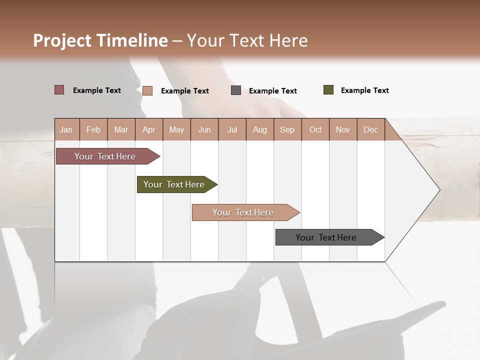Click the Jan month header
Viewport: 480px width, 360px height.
pyautogui.click(x=66, y=129)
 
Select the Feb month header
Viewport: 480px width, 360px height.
pyautogui.click(x=93, y=129)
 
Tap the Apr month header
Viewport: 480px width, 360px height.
pyautogui.click(x=149, y=129)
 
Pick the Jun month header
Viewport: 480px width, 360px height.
pyautogui.click(x=204, y=129)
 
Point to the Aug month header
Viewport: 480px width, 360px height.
pyautogui.click(x=260, y=129)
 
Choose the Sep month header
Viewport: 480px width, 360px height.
pyautogui.click(x=287, y=129)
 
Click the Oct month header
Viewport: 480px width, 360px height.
pyautogui.click(x=315, y=129)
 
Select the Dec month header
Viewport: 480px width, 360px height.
pyautogui.click(x=371, y=129)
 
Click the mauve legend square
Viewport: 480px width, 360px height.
pyautogui.click(x=59, y=90)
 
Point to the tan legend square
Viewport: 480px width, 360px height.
pyautogui.click(x=147, y=90)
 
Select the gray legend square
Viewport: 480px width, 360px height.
pyautogui.click(x=236, y=90)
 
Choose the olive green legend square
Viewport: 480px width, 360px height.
pyautogui.click(x=328, y=90)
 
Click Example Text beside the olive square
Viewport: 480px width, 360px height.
pyautogui.click(x=364, y=90)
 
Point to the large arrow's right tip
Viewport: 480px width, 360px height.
pyautogui.click(x=439, y=190)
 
